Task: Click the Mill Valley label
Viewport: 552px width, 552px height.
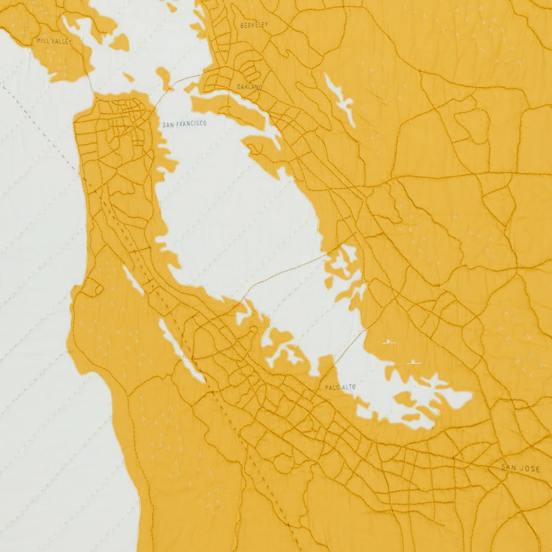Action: pos(54,41)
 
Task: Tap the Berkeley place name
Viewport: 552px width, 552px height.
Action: pos(254,25)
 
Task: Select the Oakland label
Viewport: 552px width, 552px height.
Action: pos(250,87)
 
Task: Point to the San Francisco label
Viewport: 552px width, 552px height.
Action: pos(184,124)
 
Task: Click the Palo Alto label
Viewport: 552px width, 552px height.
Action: pos(340,388)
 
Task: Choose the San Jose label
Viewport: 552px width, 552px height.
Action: pos(520,468)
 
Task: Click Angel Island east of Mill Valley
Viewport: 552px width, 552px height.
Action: pos(119,42)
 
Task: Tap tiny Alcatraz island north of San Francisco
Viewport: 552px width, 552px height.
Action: pos(129,77)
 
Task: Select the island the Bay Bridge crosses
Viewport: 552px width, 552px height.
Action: pos(164,77)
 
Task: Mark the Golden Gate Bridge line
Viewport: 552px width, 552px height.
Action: pos(89,83)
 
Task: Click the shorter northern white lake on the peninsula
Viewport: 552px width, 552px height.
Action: pos(133,279)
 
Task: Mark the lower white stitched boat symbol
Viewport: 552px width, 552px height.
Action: pos(414,362)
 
